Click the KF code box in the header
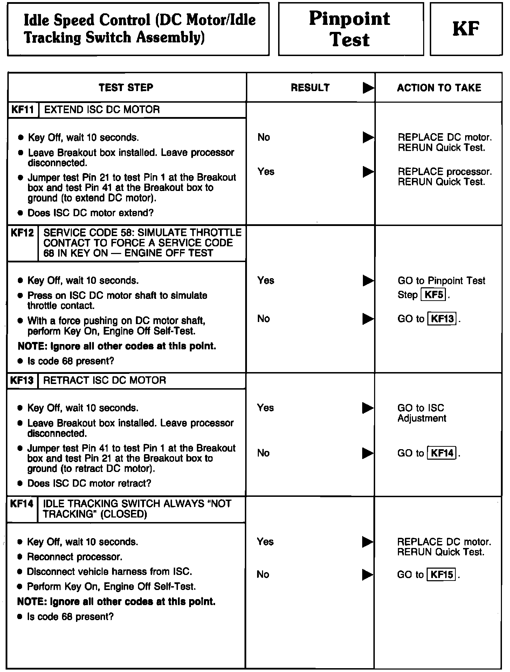coord(466,29)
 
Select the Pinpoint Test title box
coord(351,29)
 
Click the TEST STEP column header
coord(126,87)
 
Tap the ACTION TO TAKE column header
coord(439,88)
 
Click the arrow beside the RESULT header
coord(368,88)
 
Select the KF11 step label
coord(23,110)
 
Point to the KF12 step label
coord(22,233)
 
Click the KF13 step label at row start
coord(22,380)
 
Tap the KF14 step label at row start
coord(22,504)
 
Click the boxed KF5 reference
coord(434,295)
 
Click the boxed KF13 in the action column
coord(442,319)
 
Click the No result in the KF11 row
coord(264,137)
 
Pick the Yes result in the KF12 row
coord(266,280)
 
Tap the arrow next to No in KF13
coord(368,453)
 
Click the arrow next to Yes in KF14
coord(368,542)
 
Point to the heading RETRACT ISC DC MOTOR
coord(104,380)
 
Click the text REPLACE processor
coord(444,172)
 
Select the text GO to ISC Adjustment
coord(422,413)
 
